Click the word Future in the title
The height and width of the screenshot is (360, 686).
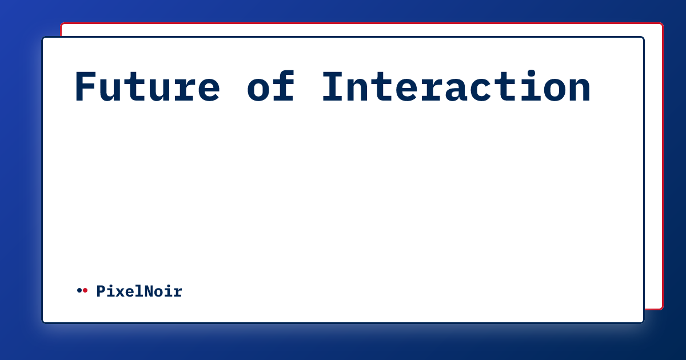click(x=147, y=87)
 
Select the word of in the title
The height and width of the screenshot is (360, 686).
click(x=271, y=87)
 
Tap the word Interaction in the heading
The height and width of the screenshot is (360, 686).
click(x=456, y=87)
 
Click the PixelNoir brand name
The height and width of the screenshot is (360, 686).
click(x=139, y=291)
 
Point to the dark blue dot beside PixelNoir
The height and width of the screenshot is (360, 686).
click(x=79, y=291)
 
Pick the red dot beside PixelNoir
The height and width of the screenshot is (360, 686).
click(x=85, y=291)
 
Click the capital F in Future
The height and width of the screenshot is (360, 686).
click(x=86, y=87)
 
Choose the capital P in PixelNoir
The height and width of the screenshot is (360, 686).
click(x=101, y=291)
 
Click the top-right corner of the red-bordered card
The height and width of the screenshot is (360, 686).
click(x=662, y=24)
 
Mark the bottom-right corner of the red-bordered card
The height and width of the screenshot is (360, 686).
click(x=662, y=309)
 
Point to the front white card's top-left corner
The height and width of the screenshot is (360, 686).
click(x=43, y=38)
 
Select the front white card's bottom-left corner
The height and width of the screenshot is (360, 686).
click(x=43, y=322)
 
